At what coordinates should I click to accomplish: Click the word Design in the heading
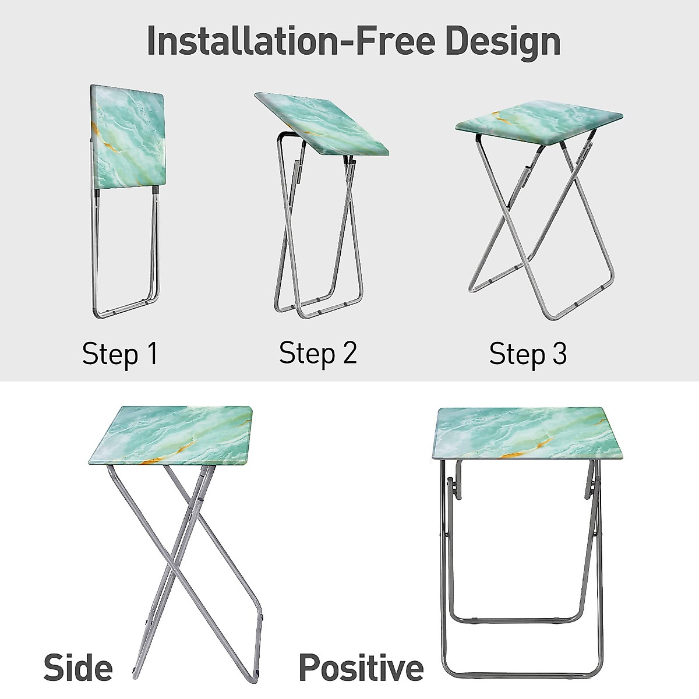coord(502,42)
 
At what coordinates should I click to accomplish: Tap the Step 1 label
coord(119,354)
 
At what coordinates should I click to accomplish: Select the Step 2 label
coord(317,353)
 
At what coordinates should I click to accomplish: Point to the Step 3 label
coord(528,354)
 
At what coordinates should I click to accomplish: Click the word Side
coord(78,668)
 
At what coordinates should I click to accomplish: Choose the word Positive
coord(361,668)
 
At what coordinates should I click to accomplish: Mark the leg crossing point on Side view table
coord(185,545)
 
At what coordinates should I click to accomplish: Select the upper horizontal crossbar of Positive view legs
coord(518,620)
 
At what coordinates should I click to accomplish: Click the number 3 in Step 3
coord(559,354)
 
